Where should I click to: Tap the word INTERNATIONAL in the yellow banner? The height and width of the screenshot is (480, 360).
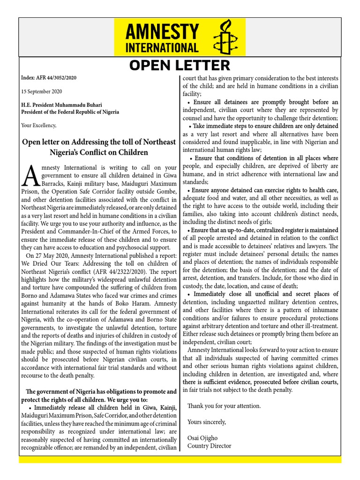[x=162, y=48]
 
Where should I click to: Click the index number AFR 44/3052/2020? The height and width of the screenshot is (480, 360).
[x=56, y=78]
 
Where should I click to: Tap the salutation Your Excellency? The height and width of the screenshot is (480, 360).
[x=39, y=125]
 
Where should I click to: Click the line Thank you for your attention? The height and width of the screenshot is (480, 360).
[x=224, y=405]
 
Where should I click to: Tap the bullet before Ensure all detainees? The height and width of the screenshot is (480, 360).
[x=188, y=102]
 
